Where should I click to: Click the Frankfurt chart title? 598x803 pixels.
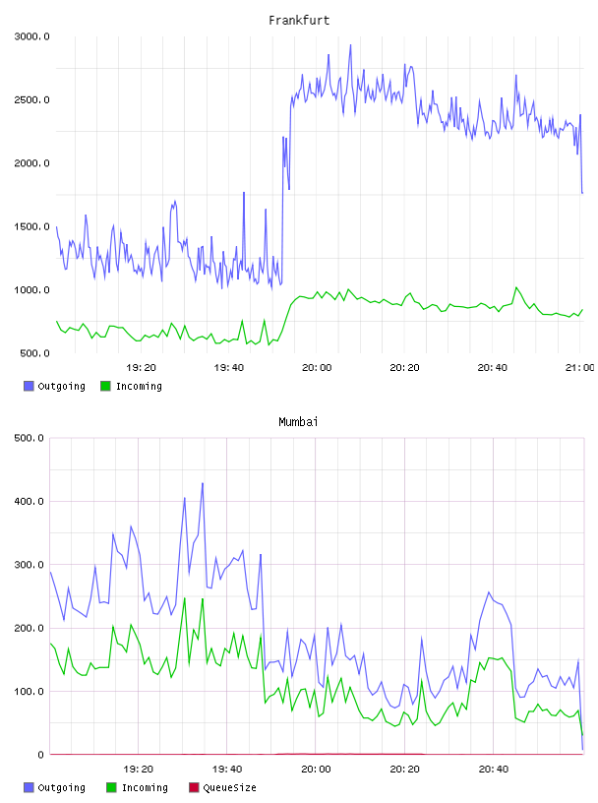299,21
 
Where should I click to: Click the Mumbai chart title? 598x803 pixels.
298,422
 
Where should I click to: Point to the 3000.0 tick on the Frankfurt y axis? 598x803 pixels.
31,36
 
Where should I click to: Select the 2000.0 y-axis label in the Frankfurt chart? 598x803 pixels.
31,163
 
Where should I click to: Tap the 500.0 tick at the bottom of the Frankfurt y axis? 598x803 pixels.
34,353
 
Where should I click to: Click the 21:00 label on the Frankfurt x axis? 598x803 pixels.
579,368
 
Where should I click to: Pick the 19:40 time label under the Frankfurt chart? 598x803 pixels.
229,368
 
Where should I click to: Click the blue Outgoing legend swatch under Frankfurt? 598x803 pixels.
29,386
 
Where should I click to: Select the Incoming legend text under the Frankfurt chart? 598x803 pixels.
139,386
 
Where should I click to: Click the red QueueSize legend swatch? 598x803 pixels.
194,787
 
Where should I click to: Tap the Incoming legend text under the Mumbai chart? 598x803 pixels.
145,787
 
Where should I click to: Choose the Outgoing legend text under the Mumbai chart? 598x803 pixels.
61,787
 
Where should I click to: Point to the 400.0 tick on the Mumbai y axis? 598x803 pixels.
29,501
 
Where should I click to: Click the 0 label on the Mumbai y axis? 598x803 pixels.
40,755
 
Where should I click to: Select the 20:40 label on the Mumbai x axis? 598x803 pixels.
494,770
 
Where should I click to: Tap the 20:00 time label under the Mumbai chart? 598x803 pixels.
316,770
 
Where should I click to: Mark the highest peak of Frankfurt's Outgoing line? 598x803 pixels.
351,45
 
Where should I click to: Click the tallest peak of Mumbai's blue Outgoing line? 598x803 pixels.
203,483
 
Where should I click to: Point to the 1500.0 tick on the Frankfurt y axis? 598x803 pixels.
31,227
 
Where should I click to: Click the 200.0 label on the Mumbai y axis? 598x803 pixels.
29,629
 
